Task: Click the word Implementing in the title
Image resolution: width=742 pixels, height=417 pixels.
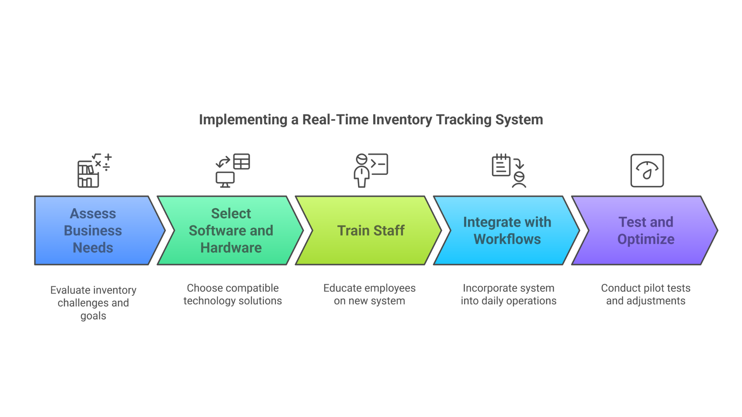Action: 243,120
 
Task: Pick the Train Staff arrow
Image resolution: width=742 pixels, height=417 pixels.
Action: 370,231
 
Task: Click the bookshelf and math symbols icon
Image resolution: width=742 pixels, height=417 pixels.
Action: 94,170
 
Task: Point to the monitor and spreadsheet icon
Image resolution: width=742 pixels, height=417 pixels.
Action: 233,170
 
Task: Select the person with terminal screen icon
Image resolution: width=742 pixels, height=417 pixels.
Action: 370,170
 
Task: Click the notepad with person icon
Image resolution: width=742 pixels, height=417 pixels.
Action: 509,170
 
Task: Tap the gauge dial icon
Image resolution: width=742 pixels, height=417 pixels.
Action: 647,170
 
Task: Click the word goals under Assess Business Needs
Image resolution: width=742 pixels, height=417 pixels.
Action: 93,316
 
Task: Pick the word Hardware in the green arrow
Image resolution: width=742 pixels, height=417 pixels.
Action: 231,247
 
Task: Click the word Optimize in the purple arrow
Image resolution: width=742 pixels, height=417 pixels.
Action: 645,239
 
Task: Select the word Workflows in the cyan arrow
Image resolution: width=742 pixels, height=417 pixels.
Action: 507,239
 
